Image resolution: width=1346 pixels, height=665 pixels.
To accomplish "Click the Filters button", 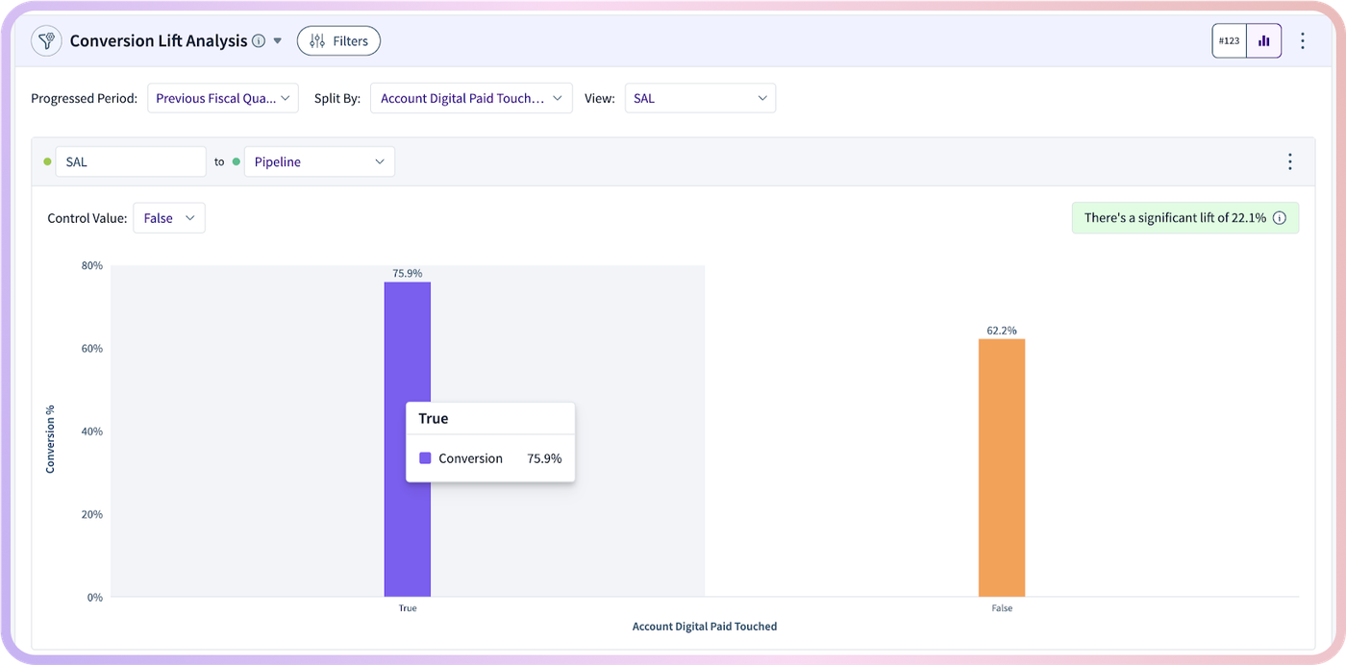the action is tap(338, 41).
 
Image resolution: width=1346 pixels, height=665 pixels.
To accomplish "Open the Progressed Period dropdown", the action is tap(223, 98).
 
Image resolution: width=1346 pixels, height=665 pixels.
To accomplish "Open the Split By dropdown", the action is tap(471, 98).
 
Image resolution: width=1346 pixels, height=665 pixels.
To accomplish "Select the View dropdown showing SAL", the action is tap(700, 98).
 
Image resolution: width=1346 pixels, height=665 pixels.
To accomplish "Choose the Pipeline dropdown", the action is tap(319, 161).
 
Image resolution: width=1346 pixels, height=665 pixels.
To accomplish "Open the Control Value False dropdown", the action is tap(169, 218).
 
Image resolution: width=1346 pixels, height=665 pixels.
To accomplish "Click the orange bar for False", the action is tap(1002, 468).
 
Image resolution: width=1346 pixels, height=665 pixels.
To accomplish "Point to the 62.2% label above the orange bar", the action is tap(1002, 331).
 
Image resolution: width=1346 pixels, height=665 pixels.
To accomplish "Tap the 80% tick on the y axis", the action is tap(92, 265).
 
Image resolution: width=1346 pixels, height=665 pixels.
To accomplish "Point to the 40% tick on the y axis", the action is tap(92, 431).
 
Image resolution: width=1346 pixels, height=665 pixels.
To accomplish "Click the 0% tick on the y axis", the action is tap(95, 597).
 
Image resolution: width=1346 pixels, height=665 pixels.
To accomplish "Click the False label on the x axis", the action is tap(1002, 608).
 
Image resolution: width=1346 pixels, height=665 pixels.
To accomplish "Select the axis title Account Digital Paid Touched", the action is tap(704, 626).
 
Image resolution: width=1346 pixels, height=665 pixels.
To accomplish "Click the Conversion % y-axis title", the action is tap(50, 439).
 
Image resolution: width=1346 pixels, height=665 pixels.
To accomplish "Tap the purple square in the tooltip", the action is tap(425, 457).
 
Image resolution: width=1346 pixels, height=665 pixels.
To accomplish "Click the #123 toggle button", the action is tap(1229, 41).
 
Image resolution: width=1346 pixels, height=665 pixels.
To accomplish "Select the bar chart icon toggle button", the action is tap(1264, 41).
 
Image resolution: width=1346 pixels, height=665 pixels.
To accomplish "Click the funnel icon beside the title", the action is tap(46, 41).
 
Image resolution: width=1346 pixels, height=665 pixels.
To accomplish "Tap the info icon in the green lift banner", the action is tap(1280, 218).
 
